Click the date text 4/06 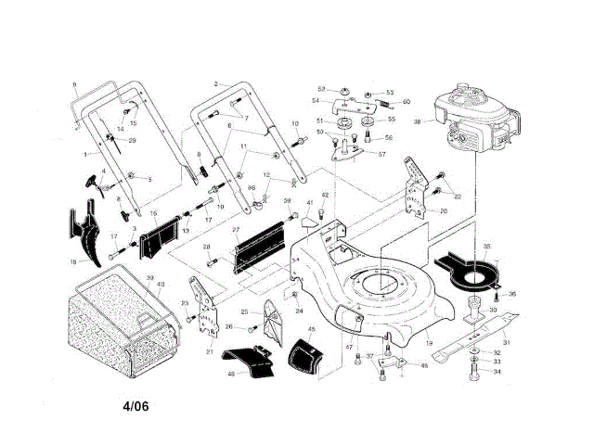136,406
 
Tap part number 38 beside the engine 418,122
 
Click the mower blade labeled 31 483,338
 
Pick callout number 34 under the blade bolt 497,372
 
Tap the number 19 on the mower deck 429,344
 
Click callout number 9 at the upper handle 74,85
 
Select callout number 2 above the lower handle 216,83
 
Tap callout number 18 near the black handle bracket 73,262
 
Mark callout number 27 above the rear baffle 237,229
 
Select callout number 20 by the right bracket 443,211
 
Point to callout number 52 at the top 320,89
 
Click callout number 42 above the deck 325,196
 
